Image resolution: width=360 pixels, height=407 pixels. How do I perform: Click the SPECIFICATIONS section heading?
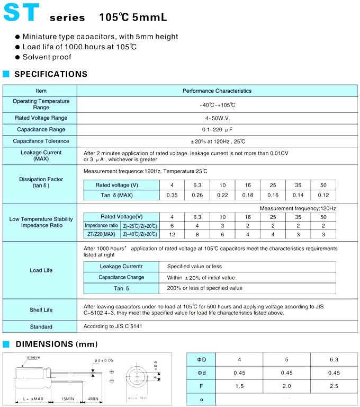point(51,74)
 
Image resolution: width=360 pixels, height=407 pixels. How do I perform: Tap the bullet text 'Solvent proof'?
point(47,57)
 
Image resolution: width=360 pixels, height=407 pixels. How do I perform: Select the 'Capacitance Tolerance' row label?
point(41,141)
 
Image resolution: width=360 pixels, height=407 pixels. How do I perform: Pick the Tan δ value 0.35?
point(172,196)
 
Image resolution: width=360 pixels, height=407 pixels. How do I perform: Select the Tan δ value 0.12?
point(323,196)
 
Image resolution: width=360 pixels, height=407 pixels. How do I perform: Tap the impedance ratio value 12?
point(172,234)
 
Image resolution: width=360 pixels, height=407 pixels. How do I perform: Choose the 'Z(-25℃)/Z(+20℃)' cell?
point(140,226)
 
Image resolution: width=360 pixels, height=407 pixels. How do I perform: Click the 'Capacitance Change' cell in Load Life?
point(121,278)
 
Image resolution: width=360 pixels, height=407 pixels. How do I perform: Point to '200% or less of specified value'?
point(204,288)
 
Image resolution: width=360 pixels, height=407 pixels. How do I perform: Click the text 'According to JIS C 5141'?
point(113,326)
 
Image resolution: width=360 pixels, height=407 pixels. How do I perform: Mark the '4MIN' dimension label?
point(93,399)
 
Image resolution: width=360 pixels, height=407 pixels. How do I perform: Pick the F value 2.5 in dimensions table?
point(334,386)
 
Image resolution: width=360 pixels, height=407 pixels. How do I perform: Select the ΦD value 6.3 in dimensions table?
point(334,360)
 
